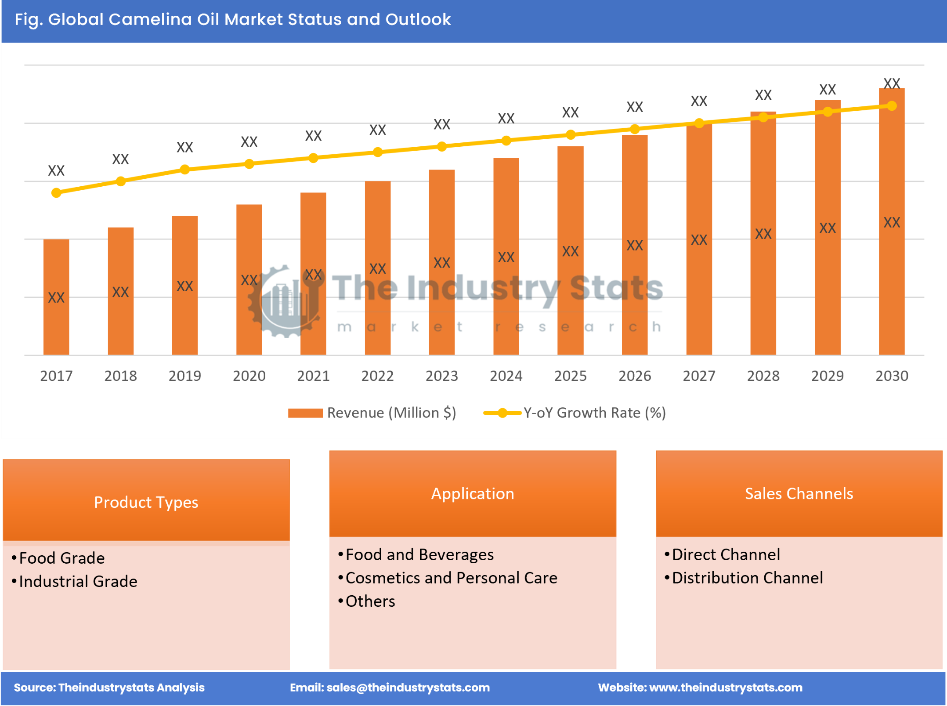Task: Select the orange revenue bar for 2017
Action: (56, 297)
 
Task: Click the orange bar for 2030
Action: (891, 222)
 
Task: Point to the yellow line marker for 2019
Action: (185, 170)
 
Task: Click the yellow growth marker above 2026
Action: (634, 129)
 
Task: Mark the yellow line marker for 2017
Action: (56, 193)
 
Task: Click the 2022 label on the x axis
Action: (377, 376)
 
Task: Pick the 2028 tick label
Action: (763, 376)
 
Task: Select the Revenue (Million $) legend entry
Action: (372, 413)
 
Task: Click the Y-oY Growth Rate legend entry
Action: (575, 413)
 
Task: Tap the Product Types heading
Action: (146, 502)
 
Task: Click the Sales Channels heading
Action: (799, 493)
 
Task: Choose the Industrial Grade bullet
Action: (78, 581)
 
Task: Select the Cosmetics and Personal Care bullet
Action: (451, 578)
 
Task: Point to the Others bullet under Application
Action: (370, 601)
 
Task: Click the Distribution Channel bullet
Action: (747, 578)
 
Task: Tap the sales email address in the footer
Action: (408, 688)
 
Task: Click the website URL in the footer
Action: (725, 688)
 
